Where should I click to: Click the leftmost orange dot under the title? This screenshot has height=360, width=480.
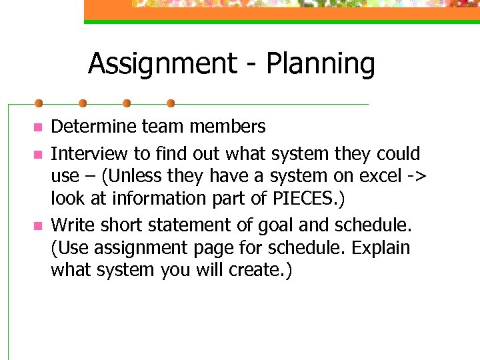coord(39,103)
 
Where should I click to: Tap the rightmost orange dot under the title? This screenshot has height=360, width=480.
coord(171,103)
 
